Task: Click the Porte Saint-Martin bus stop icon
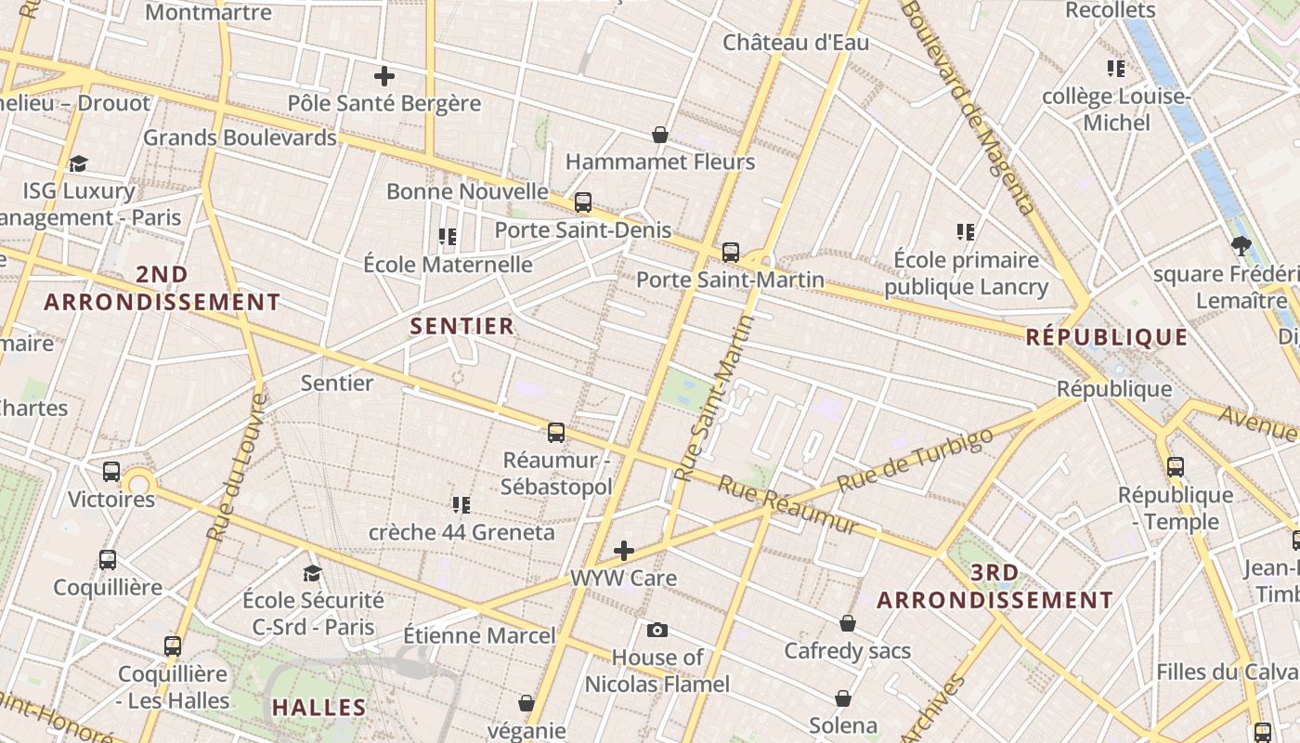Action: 731,252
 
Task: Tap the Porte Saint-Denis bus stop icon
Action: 583,202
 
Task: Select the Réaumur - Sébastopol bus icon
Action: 556,432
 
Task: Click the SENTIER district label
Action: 462,326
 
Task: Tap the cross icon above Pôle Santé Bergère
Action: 384,76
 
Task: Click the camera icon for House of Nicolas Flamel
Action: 657,631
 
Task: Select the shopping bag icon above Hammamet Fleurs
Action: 660,135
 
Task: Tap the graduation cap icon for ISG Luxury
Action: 78,164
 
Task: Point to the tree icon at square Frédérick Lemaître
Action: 1241,246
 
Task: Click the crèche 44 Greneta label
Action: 461,532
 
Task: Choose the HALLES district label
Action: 319,708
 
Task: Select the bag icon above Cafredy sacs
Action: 848,623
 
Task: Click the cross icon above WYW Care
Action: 624,551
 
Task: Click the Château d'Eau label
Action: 796,43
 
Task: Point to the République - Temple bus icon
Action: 1176,467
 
